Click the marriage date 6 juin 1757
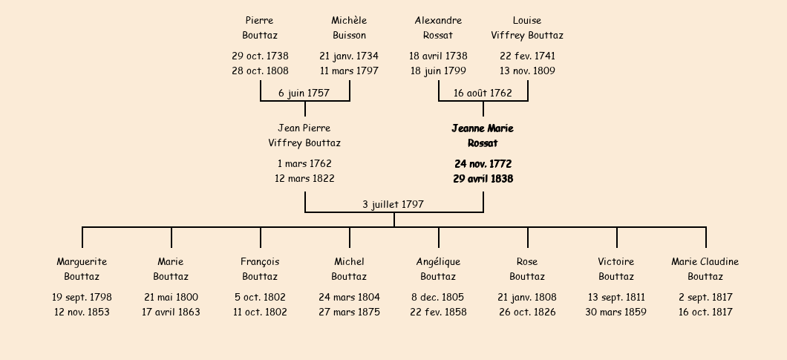click(304, 93)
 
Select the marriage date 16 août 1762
click(483, 93)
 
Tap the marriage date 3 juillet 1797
click(393, 204)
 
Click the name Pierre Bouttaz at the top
click(260, 27)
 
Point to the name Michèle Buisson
click(350, 27)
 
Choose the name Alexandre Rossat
click(438, 27)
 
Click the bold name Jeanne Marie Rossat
click(483, 136)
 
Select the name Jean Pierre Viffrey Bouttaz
click(304, 136)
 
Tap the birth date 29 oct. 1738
click(260, 56)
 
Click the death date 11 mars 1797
click(350, 71)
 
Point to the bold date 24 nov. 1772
click(483, 164)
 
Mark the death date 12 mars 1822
click(304, 178)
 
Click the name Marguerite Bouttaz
click(82, 269)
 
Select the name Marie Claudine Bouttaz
click(705, 269)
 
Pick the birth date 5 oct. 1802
click(260, 297)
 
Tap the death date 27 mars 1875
click(350, 312)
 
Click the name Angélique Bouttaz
click(438, 269)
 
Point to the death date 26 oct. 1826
click(527, 312)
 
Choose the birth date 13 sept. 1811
click(616, 297)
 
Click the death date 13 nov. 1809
click(527, 71)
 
